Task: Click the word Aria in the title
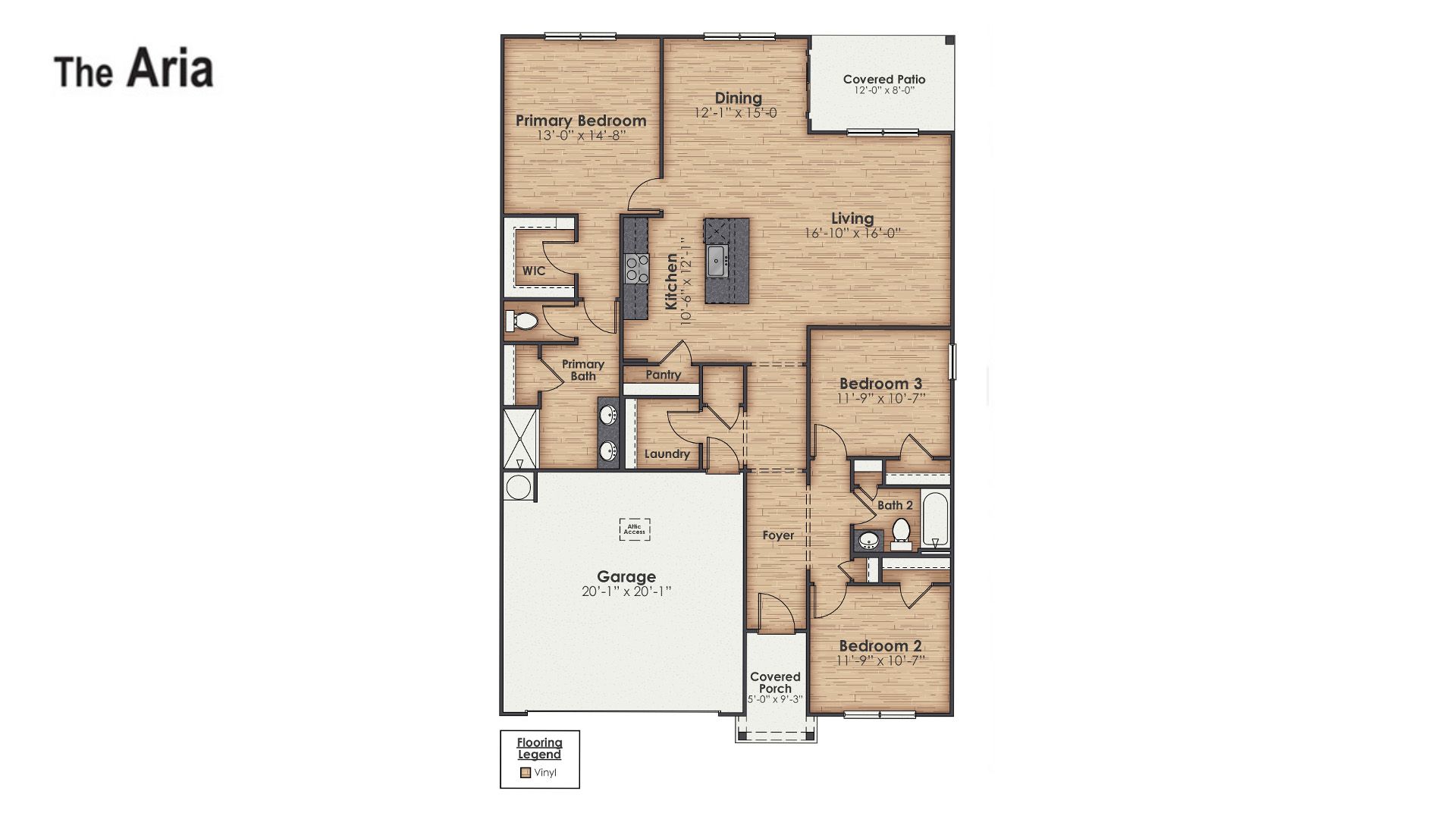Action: (x=170, y=70)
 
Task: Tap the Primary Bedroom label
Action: (x=581, y=121)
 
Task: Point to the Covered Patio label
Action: (x=884, y=79)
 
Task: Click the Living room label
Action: (x=852, y=218)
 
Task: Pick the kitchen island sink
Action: (x=717, y=261)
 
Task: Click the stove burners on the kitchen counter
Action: (x=637, y=268)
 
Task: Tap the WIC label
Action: (x=534, y=271)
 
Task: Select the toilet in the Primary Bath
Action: (x=522, y=322)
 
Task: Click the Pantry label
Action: (x=664, y=375)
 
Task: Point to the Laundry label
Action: (x=667, y=454)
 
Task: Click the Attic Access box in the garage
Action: (x=635, y=529)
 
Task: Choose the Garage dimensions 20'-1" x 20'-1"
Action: (x=626, y=591)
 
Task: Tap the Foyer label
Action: (x=779, y=535)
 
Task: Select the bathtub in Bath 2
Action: (x=935, y=520)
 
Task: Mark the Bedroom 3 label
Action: (x=880, y=384)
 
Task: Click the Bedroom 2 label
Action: (x=880, y=646)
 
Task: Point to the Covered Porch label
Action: (x=775, y=682)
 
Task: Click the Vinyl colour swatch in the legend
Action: (x=525, y=773)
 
